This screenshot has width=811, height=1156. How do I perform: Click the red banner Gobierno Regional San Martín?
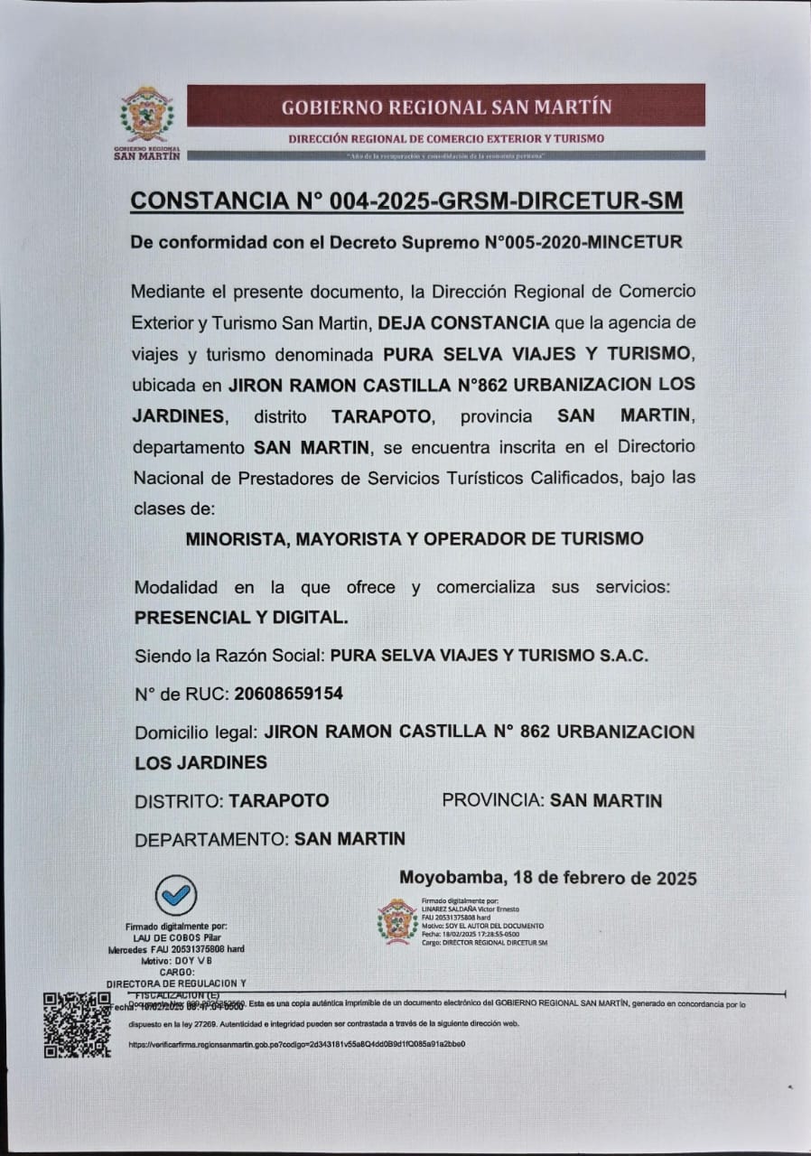tap(446, 106)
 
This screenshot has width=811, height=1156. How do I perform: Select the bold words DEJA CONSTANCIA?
tap(463, 322)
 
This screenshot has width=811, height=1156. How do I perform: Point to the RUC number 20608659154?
tap(288, 694)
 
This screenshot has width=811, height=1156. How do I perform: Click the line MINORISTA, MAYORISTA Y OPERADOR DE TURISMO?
tap(415, 539)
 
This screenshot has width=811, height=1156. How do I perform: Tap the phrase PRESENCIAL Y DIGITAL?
tap(239, 618)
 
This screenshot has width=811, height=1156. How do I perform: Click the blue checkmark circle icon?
tap(176, 894)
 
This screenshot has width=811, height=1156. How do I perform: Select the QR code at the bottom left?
tap(78, 1025)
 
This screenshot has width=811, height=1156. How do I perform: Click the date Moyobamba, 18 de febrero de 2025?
tap(547, 878)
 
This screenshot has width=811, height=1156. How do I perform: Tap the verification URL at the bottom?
tap(298, 1044)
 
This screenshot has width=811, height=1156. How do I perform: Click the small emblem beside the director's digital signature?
tap(397, 921)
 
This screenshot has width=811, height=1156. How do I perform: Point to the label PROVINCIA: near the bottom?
tap(493, 800)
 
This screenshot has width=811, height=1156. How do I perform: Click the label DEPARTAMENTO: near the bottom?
tap(212, 839)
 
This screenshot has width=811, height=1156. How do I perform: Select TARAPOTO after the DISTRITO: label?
tap(279, 800)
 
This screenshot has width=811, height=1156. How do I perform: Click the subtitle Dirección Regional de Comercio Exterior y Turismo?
tap(446, 139)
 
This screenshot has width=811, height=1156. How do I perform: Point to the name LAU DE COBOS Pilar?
tap(176, 938)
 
